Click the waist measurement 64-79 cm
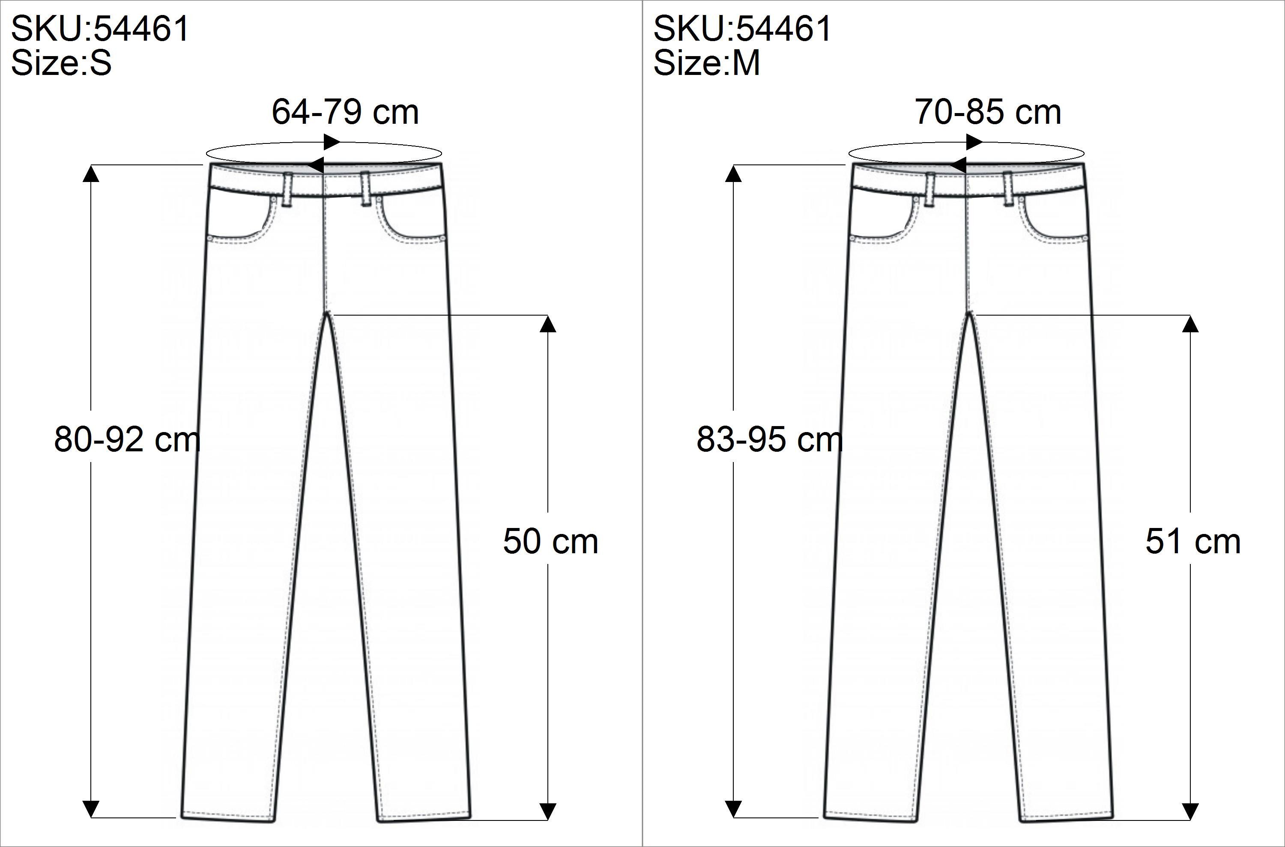click(x=345, y=112)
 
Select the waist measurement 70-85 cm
click(x=987, y=112)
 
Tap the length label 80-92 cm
click(x=127, y=439)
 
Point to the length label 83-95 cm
click(x=769, y=439)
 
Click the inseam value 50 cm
click(x=550, y=541)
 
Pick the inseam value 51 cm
click(x=1192, y=541)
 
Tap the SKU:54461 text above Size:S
click(x=100, y=28)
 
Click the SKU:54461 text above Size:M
click(x=742, y=28)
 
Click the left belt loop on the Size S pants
click(x=288, y=190)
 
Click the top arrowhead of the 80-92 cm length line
click(x=91, y=174)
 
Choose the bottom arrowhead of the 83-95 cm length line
click(x=733, y=808)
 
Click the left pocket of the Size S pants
click(x=240, y=219)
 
